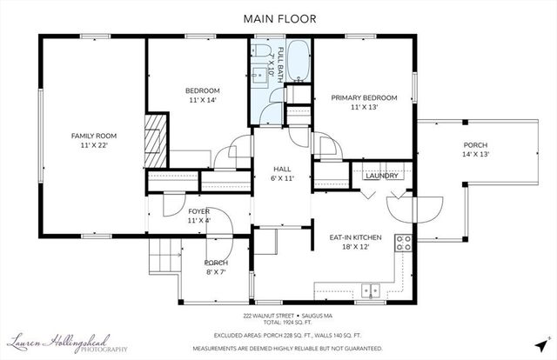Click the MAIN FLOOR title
278,17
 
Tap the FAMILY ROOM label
94,136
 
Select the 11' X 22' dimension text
94,145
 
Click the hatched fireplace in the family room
154,139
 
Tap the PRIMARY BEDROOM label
364,98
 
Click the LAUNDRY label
382,177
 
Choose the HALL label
282,169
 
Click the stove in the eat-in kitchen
403,243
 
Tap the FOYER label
199,211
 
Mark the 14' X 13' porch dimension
476,154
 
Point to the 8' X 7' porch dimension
216,272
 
